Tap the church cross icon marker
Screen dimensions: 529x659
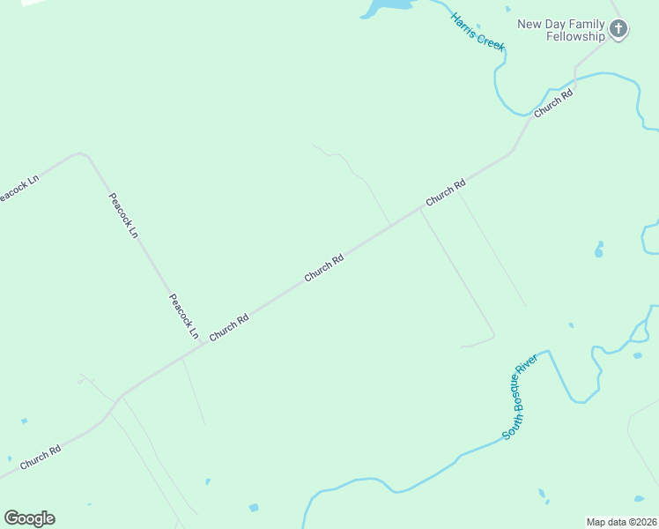pyautogui.click(x=619, y=30)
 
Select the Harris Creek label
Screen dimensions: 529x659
pyautogui.click(x=477, y=32)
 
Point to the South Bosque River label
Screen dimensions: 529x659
pyautogui.click(x=520, y=397)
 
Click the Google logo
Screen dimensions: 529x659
pyautogui.click(x=29, y=518)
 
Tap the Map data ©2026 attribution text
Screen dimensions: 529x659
pyautogui.click(x=622, y=522)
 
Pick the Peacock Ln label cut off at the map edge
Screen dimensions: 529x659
pyautogui.click(x=18, y=188)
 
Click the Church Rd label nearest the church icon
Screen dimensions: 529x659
pyautogui.click(x=553, y=103)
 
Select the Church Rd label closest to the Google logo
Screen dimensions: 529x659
pyautogui.click(x=41, y=458)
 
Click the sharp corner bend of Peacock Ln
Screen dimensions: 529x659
pyautogui.click(x=84, y=154)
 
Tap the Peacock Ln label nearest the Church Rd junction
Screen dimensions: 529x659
pyautogui.click(x=183, y=317)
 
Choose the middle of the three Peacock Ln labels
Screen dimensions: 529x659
pyautogui.click(x=122, y=215)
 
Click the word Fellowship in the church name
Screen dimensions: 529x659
pyautogui.click(x=575, y=36)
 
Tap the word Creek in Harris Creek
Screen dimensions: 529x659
pyautogui.click(x=491, y=41)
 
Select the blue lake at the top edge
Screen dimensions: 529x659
pyautogui.click(x=388, y=7)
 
